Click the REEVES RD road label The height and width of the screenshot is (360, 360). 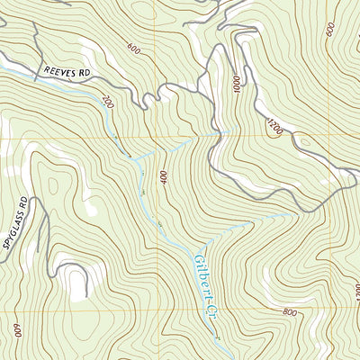point(68,70)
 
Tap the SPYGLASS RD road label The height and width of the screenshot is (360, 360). point(16,222)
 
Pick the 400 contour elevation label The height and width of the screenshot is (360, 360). point(165,178)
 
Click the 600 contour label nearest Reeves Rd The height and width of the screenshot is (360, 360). point(134,49)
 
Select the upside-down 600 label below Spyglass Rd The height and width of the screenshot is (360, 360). point(16,329)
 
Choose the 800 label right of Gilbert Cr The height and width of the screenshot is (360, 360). point(288,312)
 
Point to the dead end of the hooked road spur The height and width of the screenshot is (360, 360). point(87,292)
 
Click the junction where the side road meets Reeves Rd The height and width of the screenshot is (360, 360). point(160,88)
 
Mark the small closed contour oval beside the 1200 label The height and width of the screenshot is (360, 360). point(301,142)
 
